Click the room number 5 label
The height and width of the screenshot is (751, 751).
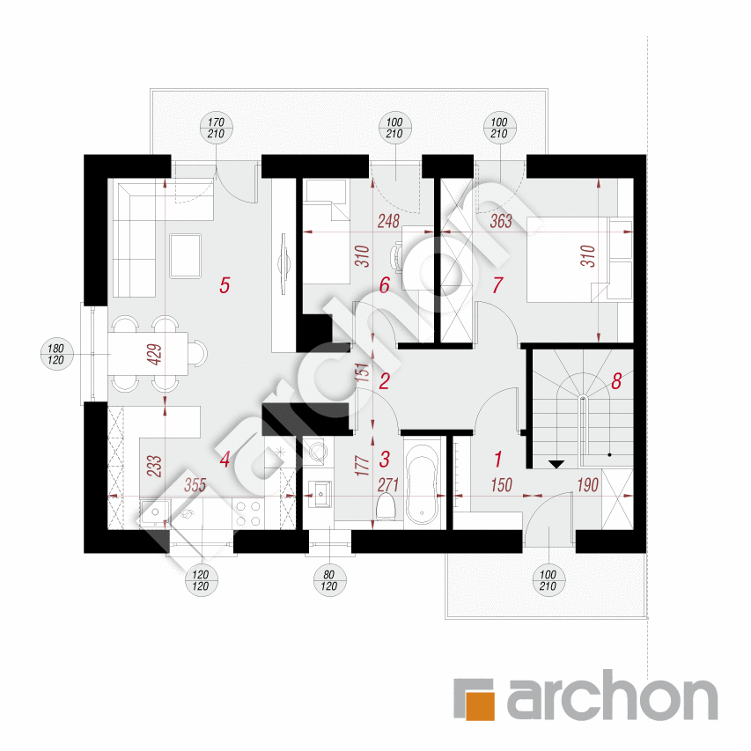(225, 285)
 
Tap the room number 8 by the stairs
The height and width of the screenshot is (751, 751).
(616, 381)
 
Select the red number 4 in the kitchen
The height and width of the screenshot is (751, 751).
(225, 460)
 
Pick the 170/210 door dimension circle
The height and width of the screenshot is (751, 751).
(216, 129)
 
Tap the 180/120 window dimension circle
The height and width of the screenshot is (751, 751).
(56, 355)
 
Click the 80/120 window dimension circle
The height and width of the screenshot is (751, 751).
(329, 580)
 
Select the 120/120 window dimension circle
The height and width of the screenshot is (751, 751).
(201, 580)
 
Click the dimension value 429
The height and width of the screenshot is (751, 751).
(155, 355)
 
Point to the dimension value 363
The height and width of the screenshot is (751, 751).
(501, 221)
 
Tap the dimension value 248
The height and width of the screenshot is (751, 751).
(388, 221)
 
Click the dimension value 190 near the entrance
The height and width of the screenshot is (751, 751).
(587, 485)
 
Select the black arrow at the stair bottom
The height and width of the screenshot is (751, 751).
(556, 464)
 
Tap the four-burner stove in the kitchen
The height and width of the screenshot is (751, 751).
(248, 513)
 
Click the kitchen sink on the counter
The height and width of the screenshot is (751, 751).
(154, 513)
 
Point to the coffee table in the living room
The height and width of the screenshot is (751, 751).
(186, 255)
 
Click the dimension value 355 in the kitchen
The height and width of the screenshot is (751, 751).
(195, 485)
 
